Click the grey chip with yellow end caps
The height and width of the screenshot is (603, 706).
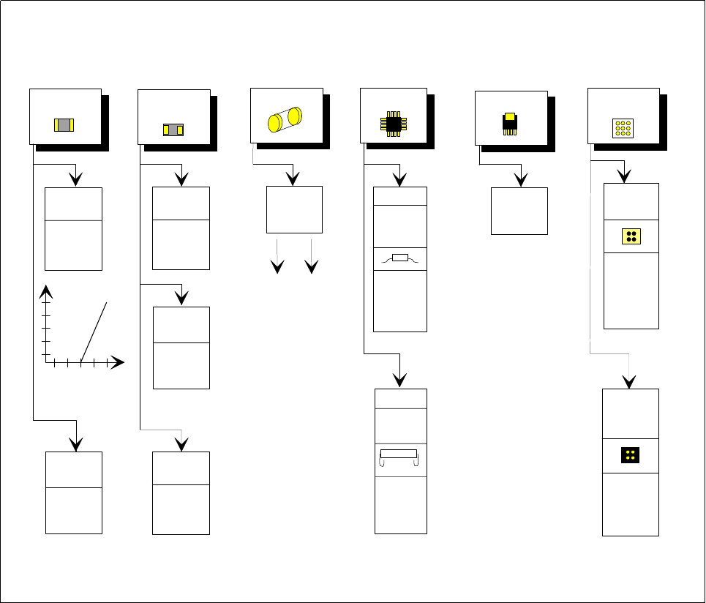[x=64, y=124]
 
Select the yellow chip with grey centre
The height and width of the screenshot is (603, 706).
[x=173, y=130]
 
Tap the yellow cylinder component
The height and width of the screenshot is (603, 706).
[x=285, y=119]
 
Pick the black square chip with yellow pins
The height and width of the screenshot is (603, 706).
[x=393, y=122]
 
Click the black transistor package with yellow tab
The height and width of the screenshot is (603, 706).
[x=510, y=123]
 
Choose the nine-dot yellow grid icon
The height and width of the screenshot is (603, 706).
[x=623, y=129]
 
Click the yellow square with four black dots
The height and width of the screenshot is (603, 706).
[x=631, y=236]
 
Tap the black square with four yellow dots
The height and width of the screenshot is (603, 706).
[x=630, y=455]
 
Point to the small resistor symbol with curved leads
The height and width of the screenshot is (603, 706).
[x=399, y=258]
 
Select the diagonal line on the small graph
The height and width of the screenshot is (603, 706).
[x=94, y=331]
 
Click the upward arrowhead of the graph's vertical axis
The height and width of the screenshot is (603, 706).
[x=47, y=291]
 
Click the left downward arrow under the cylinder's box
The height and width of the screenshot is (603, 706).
[x=277, y=266]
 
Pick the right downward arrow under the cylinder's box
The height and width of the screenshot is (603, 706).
[x=312, y=266]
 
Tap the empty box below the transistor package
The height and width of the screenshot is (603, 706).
[x=519, y=211]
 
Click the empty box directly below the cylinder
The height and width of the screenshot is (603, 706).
[x=293, y=209]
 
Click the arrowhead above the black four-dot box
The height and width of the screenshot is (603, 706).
[x=630, y=382]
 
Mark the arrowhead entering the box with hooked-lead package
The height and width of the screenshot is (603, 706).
[x=399, y=379]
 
